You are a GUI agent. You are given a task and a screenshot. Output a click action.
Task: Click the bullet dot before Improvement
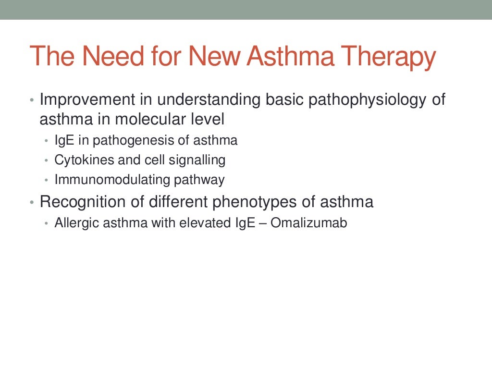click(32, 101)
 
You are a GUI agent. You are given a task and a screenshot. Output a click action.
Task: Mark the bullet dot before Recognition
click(32, 203)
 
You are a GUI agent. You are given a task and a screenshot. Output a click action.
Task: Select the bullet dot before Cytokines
click(46, 160)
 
